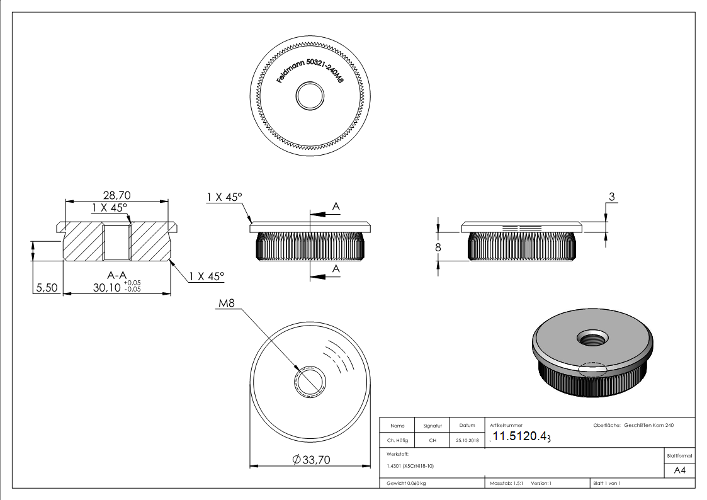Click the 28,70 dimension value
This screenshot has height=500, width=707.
pyautogui.click(x=116, y=195)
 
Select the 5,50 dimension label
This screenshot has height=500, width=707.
pyautogui.click(x=47, y=287)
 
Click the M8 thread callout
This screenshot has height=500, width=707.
pyautogui.click(x=227, y=304)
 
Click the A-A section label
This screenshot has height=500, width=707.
pyautogui.click(x=116, y=275)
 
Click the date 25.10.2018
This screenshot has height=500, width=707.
pyautogui.click(x=467, y=441)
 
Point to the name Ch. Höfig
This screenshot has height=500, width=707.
pyautogui.click(x=397, y=441)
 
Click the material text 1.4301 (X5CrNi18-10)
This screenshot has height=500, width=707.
pyautogui.click(x=410, y=466)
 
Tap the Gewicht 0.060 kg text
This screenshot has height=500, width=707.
pyautogui.click(x=406, y=484)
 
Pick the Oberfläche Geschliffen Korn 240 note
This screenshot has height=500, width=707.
pyautogui.click(x=633, y=426)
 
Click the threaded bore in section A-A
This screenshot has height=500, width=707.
pyautogui.click(x=116, y=241)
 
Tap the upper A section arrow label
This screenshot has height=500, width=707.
pyautogui.click(x=336, y=206)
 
